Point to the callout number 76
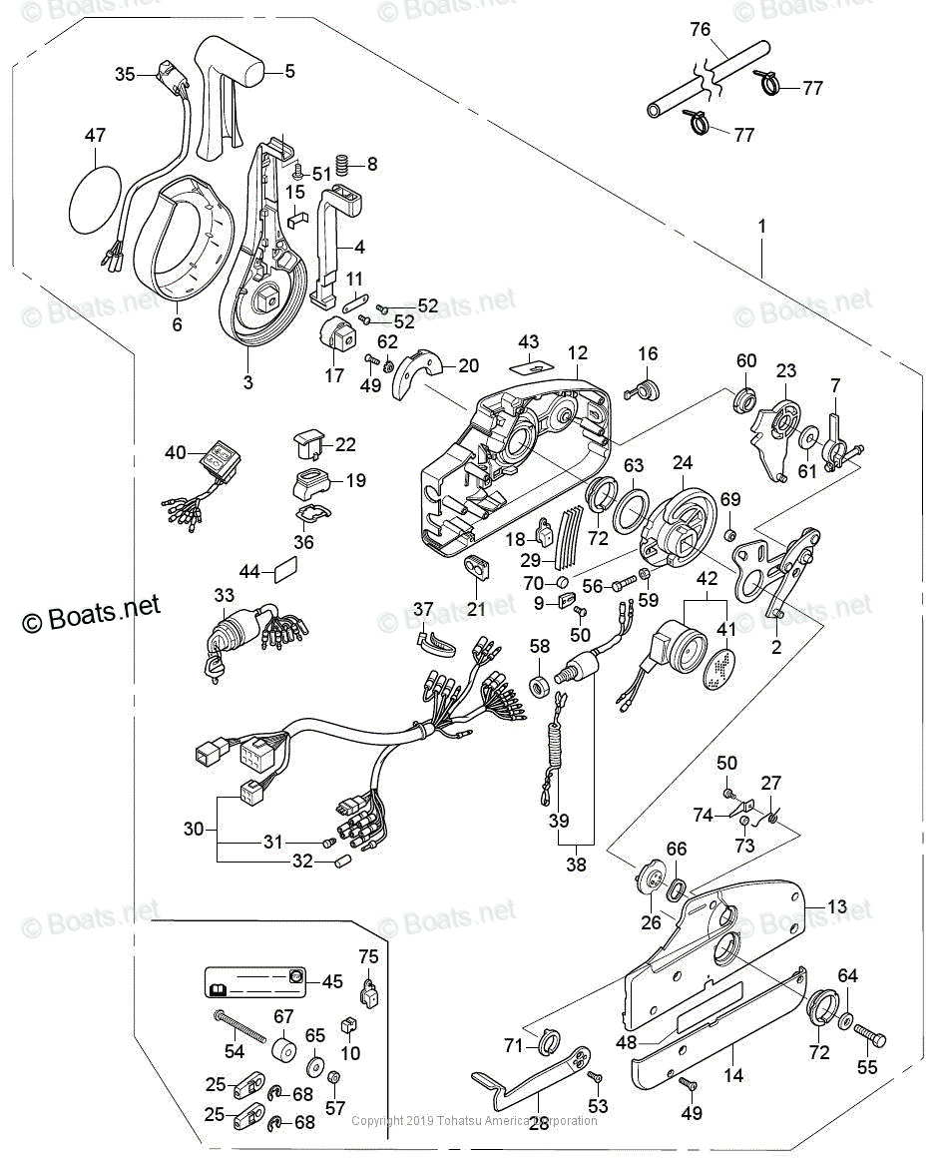coord(702,29)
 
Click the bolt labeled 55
coord(869,1039)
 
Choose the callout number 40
coord(176,453)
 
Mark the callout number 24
coord(683,463)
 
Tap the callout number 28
coord(539,1124)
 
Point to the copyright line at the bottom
coord(475,1120)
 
